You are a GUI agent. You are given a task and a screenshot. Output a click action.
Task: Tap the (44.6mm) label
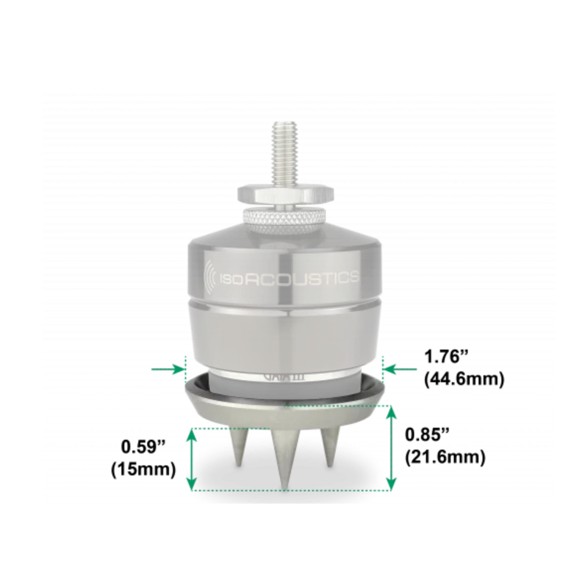[464, 379]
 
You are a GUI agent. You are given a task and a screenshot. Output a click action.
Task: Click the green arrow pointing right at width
[168, 370]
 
